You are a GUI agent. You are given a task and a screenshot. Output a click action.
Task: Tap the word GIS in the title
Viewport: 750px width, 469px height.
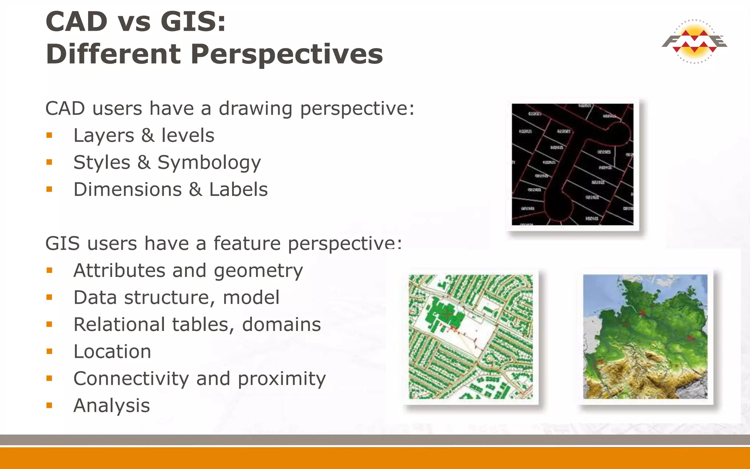(192, 21)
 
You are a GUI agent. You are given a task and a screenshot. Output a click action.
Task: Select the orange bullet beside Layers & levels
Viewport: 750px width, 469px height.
(49, 136)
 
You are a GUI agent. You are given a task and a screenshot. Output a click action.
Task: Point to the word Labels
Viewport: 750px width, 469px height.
(238, 190)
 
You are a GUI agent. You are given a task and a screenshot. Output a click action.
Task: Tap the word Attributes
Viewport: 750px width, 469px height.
(119, 271)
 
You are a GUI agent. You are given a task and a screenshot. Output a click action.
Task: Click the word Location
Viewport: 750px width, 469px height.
(112, 352)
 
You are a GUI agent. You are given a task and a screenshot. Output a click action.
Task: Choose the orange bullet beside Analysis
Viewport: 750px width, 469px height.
(49, 406)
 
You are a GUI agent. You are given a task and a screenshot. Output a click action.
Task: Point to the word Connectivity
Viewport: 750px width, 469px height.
(131, 379)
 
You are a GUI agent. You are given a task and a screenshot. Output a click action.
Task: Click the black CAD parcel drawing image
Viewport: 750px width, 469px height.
(572, 164)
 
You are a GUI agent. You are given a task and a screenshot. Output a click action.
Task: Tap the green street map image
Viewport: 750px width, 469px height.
(471, 336)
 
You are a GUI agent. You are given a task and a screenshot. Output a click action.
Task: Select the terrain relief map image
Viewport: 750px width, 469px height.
(645, 336)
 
